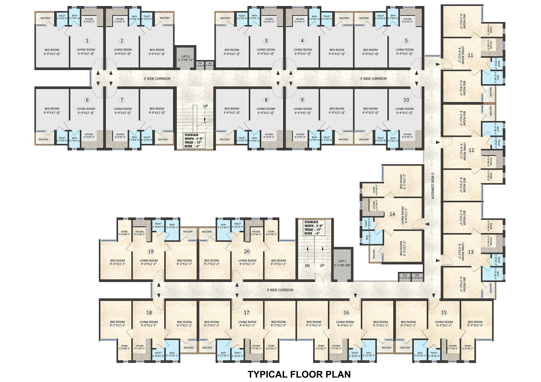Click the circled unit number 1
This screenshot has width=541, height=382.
pyautogui.click(x=87, y=41)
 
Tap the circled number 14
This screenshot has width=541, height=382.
pyautogui.click(x=392, y=214)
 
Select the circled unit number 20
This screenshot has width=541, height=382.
pyautogui.click(x=247, y=252)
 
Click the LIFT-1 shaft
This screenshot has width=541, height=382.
pyautogui.click(x=342, y=264)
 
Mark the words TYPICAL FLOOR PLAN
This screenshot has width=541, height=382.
pyautogui.click(x=299, y=374)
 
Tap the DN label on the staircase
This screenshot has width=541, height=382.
pyautogui.click(x=307, y=266)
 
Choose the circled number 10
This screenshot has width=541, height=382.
pyautogui.click(x=406, y=100)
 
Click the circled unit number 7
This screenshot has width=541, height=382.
pyautogui.click(x=122, y=100)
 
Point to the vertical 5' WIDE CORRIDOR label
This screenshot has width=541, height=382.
pyautogui.click(x=433, y=186)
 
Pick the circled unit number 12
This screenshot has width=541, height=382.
pyautogui.click(x=471, y=150)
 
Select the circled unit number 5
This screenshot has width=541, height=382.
pyautogui.click(x=406, y=41)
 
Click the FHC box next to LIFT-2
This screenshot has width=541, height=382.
pyautogui.click(x=200, y=65)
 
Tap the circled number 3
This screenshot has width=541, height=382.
pyautogui.click(x=266, y=41)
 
